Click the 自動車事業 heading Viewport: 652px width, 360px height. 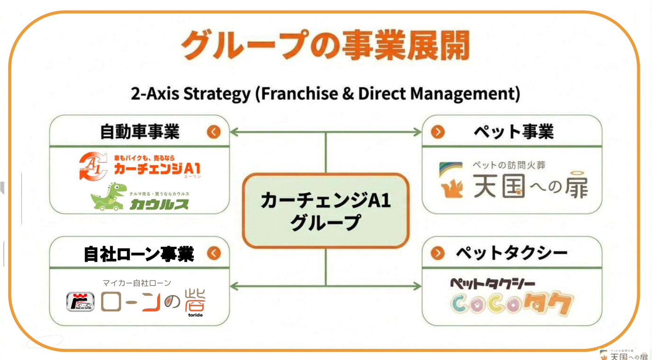coord(140,132)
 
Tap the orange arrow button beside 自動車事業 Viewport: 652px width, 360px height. coord(214,132)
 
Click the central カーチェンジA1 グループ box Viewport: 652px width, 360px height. coord(325,211)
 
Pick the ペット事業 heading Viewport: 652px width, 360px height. coord(514,132)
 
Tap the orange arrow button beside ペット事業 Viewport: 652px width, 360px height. coord(438,132)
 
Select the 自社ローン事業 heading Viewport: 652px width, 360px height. coord(139,253)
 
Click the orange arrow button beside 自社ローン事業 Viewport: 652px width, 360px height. coord(214,253)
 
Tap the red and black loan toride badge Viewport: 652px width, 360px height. coord(80,302)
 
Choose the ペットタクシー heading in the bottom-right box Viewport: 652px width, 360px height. coord(511,253)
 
